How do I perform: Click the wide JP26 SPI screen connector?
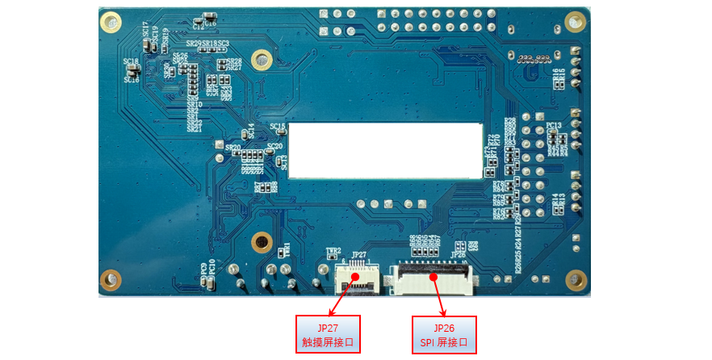[433, 279]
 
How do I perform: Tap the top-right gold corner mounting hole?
[575, 21]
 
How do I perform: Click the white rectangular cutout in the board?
[385, 150]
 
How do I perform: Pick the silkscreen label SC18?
[130, 61]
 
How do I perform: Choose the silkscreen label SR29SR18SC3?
[207, 43]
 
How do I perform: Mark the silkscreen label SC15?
[277, 127]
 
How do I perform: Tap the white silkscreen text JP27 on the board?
[359, 255]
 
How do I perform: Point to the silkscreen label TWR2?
[333, 251]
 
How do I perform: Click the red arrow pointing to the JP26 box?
[440, 296]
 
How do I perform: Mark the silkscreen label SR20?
[233, 149]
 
